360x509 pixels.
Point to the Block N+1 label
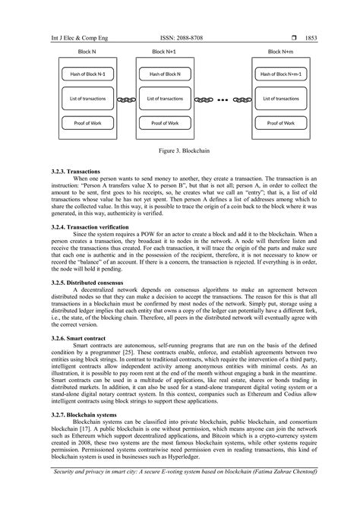click(x=164, y=52)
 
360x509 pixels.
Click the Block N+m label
click(x=281, y=52)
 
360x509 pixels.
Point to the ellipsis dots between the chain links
click(x=223, y=99)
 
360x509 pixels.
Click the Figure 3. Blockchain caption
click(x=180, y=151)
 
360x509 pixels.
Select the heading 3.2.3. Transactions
click(x=70, y=171)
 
